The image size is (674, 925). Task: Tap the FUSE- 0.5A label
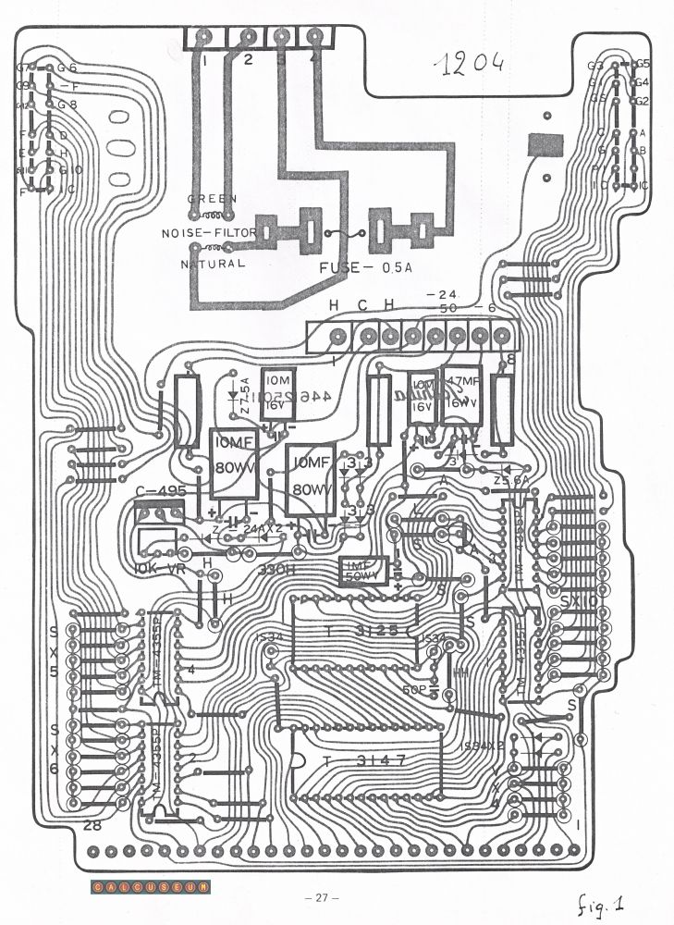pos(365,267)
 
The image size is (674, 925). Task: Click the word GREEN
pos(213,198)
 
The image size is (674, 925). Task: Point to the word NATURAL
pos(213,264)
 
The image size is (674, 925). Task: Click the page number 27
pos(322,898)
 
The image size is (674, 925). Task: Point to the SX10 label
pos(580,601)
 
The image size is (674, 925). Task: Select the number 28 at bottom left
pos(92,825)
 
